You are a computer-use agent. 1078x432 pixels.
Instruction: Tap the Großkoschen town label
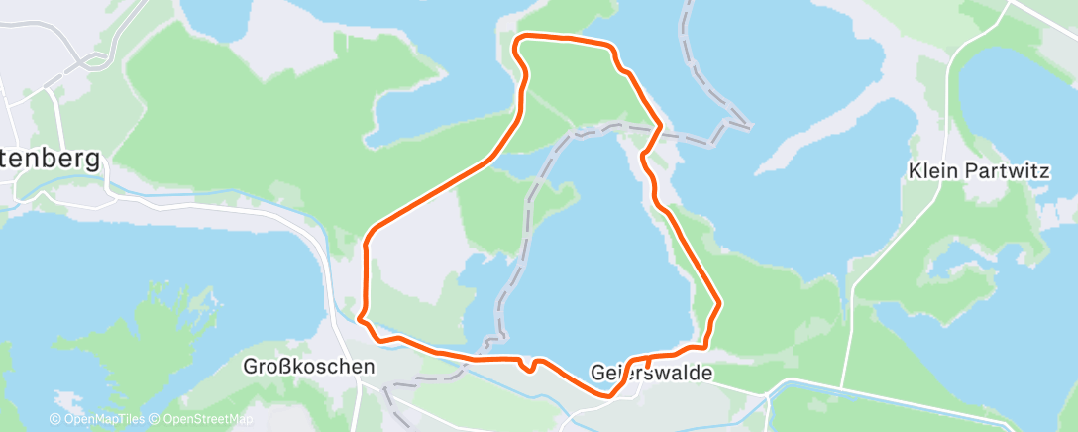pos(309,366)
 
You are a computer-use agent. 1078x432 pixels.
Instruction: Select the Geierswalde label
pos(651,374)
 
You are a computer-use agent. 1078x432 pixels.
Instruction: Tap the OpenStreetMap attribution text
pos(196,420)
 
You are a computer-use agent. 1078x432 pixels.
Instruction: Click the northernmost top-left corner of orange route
pos(514,40)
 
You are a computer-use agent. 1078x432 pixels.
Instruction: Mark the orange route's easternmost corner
pos(719,303)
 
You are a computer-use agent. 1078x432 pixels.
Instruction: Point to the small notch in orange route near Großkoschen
pos(533,367)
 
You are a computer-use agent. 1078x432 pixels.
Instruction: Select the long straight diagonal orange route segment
pos(436,193)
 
